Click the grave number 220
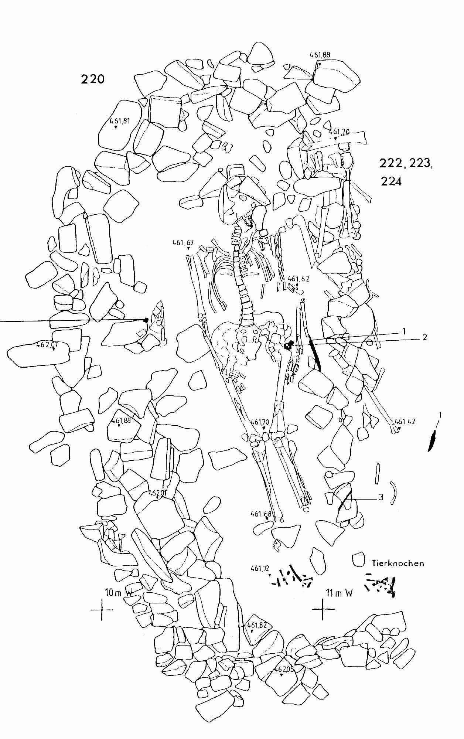[93, 79]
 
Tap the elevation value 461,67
[183, 243]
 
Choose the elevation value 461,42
[405, 421]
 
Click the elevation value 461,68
[261, 514]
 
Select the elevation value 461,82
[257, 625]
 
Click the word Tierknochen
[398, 563]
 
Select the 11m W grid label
[339, 593]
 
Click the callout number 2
[425, 337]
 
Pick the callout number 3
[381, 497]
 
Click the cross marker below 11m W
[323, 609]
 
